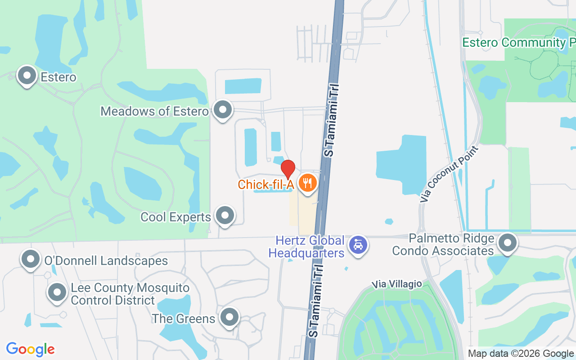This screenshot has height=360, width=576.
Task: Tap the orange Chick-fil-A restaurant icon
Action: click(308, 183)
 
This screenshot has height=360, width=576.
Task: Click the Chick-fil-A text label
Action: click(265, 184)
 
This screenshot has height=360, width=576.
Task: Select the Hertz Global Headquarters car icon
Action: click(358, 245)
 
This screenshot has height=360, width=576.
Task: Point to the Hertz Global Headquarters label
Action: click(306, 247)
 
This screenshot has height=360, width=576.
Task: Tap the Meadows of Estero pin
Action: click(222, 110)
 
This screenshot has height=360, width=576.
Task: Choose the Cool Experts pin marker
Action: click(225, 216)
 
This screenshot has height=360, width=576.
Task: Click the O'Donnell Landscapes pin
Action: click(31, 259)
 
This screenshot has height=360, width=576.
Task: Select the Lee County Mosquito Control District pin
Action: click(57, 292)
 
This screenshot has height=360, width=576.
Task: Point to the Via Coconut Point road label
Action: click(450, 174)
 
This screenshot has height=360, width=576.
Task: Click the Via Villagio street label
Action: click(397, 284)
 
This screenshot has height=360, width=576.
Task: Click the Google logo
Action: click(31, 349)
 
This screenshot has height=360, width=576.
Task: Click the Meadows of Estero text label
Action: click(154, 111)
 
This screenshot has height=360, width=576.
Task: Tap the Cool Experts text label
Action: click(175, 217)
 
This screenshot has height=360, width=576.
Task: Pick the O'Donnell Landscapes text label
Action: click(106, 261)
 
